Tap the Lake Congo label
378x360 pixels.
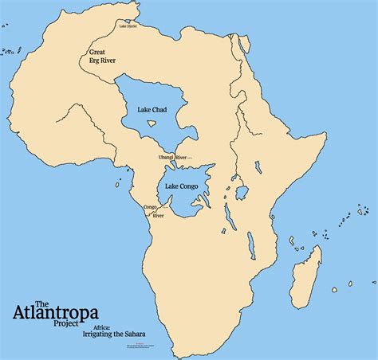[182, 186]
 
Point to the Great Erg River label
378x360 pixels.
[104, 58]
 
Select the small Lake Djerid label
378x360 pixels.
[128, 25]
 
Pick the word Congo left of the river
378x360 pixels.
[149, 207]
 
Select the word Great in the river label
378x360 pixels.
[98, 53]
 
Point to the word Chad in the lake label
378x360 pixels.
[164, 112]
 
